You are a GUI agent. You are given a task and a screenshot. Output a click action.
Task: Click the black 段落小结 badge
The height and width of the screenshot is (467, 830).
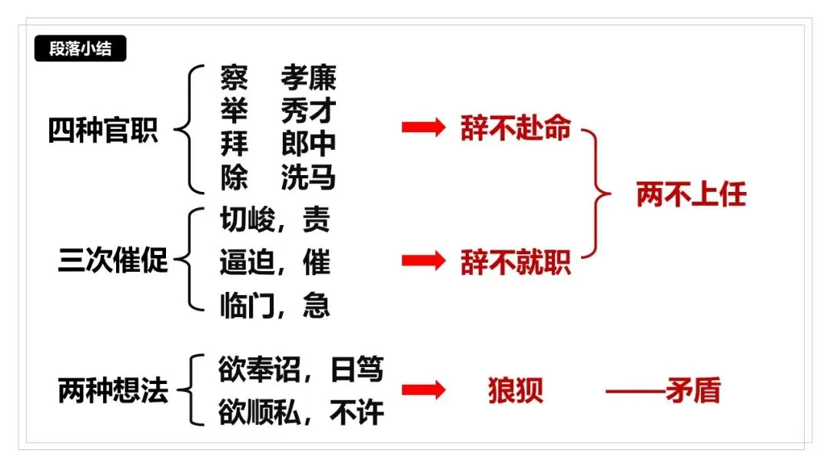[80, 49]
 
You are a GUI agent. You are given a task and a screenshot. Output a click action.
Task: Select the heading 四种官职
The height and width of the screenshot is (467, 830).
[103, 130]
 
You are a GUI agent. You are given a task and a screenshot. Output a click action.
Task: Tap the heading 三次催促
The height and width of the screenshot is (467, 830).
[113, 261]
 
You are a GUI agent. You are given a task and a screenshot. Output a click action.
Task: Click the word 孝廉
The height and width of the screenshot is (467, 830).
[308, 78]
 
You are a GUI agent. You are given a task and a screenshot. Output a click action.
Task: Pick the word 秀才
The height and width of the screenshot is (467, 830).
[308, 111]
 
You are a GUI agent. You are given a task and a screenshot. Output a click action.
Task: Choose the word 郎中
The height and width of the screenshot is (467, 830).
[308, 145]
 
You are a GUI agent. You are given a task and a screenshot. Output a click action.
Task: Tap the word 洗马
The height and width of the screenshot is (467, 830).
[308, 178]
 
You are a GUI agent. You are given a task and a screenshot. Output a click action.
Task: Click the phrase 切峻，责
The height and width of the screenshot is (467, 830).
[275, 220]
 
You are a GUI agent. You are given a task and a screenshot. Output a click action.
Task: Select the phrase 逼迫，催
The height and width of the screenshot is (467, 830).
[275, 263]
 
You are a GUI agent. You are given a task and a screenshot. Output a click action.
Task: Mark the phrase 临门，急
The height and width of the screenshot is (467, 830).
[275, 306]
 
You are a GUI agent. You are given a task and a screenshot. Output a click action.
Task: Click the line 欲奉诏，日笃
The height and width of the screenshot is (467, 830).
[300, 371]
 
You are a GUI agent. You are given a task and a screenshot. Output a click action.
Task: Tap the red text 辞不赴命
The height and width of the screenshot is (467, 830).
[516, 128]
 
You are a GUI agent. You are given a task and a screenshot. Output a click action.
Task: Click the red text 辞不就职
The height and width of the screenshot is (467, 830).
[516, 262]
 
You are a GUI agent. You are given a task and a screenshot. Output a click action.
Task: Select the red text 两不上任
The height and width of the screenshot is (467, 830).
[691, 195]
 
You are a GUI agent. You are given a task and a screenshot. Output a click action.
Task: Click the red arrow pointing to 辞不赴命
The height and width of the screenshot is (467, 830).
[423, 128]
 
